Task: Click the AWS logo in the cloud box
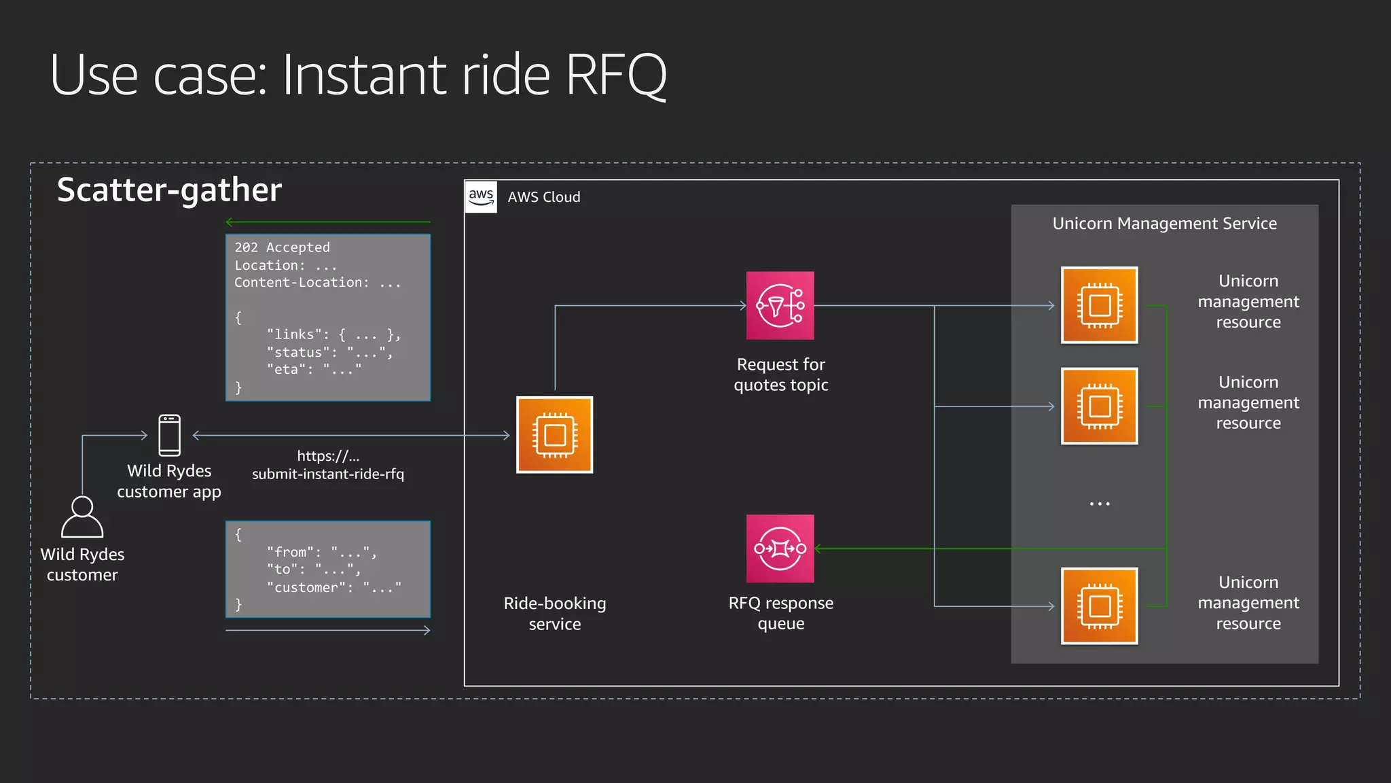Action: [481, 196]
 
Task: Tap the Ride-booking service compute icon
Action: [554, 435]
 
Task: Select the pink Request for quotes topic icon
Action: [780, 306]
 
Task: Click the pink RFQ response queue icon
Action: [780, 549]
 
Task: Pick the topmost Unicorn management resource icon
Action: [1099, 305]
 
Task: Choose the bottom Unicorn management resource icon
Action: [1099, 606]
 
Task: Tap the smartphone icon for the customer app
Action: [169, 435]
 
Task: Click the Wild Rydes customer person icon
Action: [82, 517]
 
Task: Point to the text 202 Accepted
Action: [282, 247]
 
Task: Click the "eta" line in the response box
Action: [314, 369]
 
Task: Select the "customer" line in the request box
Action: [333, 587]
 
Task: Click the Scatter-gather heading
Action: [169, 190]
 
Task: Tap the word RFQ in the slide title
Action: [615, 75]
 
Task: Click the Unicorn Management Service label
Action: [1164, 224]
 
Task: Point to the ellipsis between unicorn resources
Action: [1099, 504]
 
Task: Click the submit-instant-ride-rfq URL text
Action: [328, 474]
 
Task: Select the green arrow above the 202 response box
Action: [328, 222]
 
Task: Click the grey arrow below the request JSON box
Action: [328, 631]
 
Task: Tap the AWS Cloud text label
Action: [544, 197]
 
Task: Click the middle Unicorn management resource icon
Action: [1099, 406]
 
